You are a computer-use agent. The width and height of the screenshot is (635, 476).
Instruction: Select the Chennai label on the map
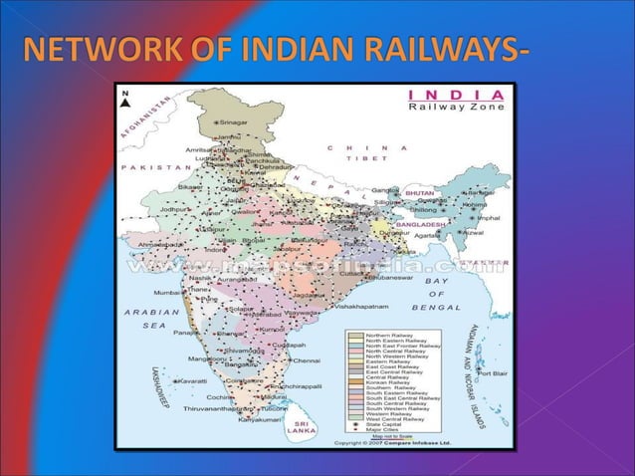click(x=305, y=360)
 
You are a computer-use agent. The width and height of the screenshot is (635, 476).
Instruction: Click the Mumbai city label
click(x=167, y=293)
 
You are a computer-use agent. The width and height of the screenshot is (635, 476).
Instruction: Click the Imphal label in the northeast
click(x=489, y=217)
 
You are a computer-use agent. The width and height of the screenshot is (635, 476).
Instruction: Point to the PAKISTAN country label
click(x=146, y=167)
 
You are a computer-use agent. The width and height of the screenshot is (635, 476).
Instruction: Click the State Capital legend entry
click(x=385, y=425)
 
